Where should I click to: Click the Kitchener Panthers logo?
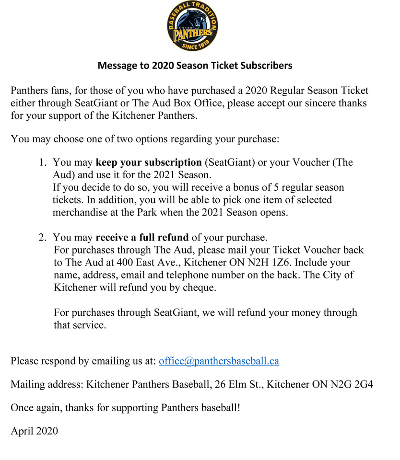coord(193,26)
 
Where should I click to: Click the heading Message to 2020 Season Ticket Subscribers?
coord(195,65)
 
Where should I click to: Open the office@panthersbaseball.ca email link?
coord(219,361)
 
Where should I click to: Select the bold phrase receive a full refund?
coord(142,237)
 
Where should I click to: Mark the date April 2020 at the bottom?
coord(34,431)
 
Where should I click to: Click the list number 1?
coord(42,162)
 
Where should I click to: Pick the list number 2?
coord(42,237)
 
